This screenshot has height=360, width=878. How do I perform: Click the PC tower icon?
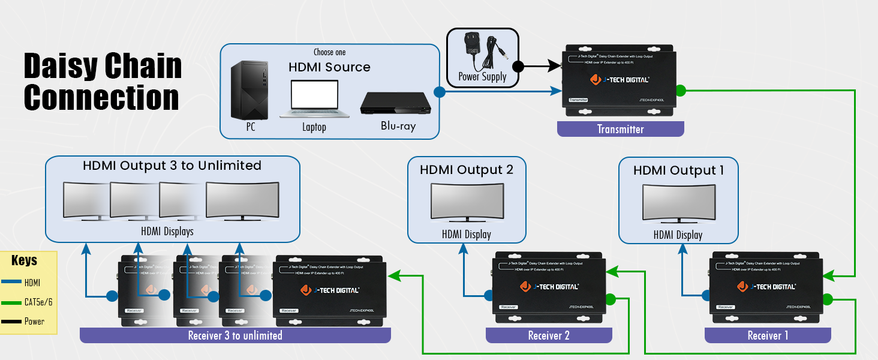(x=250, y=90)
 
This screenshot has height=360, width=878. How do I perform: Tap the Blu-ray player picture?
(x=396, y=103)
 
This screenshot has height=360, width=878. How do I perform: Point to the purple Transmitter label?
(x=620, y=129)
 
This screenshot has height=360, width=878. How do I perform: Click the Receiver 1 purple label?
(x=768, y=335)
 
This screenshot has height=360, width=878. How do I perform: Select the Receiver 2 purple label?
(x=549, y=335)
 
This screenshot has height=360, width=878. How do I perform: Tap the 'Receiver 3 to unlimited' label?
(x=235, y=335)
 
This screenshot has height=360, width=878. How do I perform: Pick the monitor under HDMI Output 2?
(x=466, y=204)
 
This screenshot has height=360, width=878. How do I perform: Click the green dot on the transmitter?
(x=680, y=91)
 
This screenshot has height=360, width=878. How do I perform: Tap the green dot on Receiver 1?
(x=828, y=299)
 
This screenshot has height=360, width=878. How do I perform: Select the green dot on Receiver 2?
(x=611, y=299)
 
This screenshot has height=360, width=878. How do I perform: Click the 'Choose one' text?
(x=329, y=52)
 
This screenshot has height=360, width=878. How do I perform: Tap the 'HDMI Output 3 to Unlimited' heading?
(x=172, y=166)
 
